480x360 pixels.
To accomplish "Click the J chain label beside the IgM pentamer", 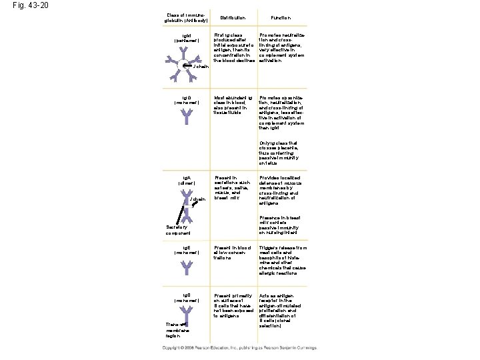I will (x=201, y=67).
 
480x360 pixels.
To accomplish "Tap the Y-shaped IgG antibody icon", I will (x=185, y=117).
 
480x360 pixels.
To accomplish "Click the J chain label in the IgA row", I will (x=197, y=199).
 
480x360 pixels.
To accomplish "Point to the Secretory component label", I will (x=179, y=231).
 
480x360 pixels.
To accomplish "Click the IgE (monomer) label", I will (x=186, y=251).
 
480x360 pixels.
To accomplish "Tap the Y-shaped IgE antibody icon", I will (x=185, y=267).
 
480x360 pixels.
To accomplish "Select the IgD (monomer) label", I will (x=186, y=297).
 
